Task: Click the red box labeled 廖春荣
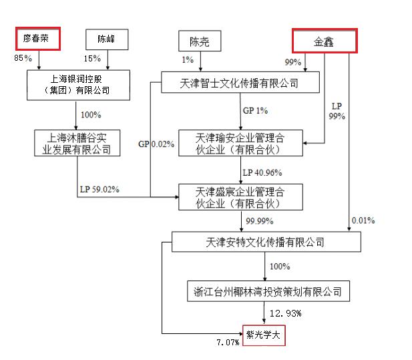click(x=38, y=39)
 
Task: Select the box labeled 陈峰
click(x=106, y=39)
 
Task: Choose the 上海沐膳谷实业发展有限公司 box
click(x=77, y=143)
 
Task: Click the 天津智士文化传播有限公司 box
click(x=239, y=83)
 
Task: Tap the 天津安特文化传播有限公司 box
click(x=266, y=242)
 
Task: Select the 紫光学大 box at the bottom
click(x=263, y=335)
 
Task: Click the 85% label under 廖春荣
click(x=23, y=59)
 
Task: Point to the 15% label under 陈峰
click(x=93, y=59)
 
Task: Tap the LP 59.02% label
click(x=98, y=189)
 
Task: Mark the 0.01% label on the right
click(x=363, y=220)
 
